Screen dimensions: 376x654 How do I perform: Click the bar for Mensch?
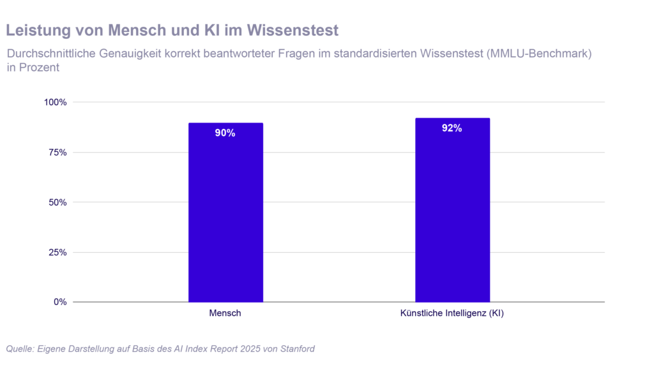tap(225, 217)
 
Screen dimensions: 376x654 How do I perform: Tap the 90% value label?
tap(225, 133)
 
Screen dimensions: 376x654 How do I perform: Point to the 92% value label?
tap(452, 128)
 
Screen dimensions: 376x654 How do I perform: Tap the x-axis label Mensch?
tap(225, 313)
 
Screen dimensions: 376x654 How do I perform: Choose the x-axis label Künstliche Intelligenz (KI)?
tap(452, 313)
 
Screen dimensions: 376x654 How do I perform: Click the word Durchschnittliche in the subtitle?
tap(47, 54)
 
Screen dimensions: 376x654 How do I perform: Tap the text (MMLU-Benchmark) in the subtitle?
tap(538, 54)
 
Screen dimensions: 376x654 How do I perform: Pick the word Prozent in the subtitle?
tap(40, 68)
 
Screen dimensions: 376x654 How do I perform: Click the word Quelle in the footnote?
tap(20, 349)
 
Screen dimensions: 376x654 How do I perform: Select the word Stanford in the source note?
tap(295, 349)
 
